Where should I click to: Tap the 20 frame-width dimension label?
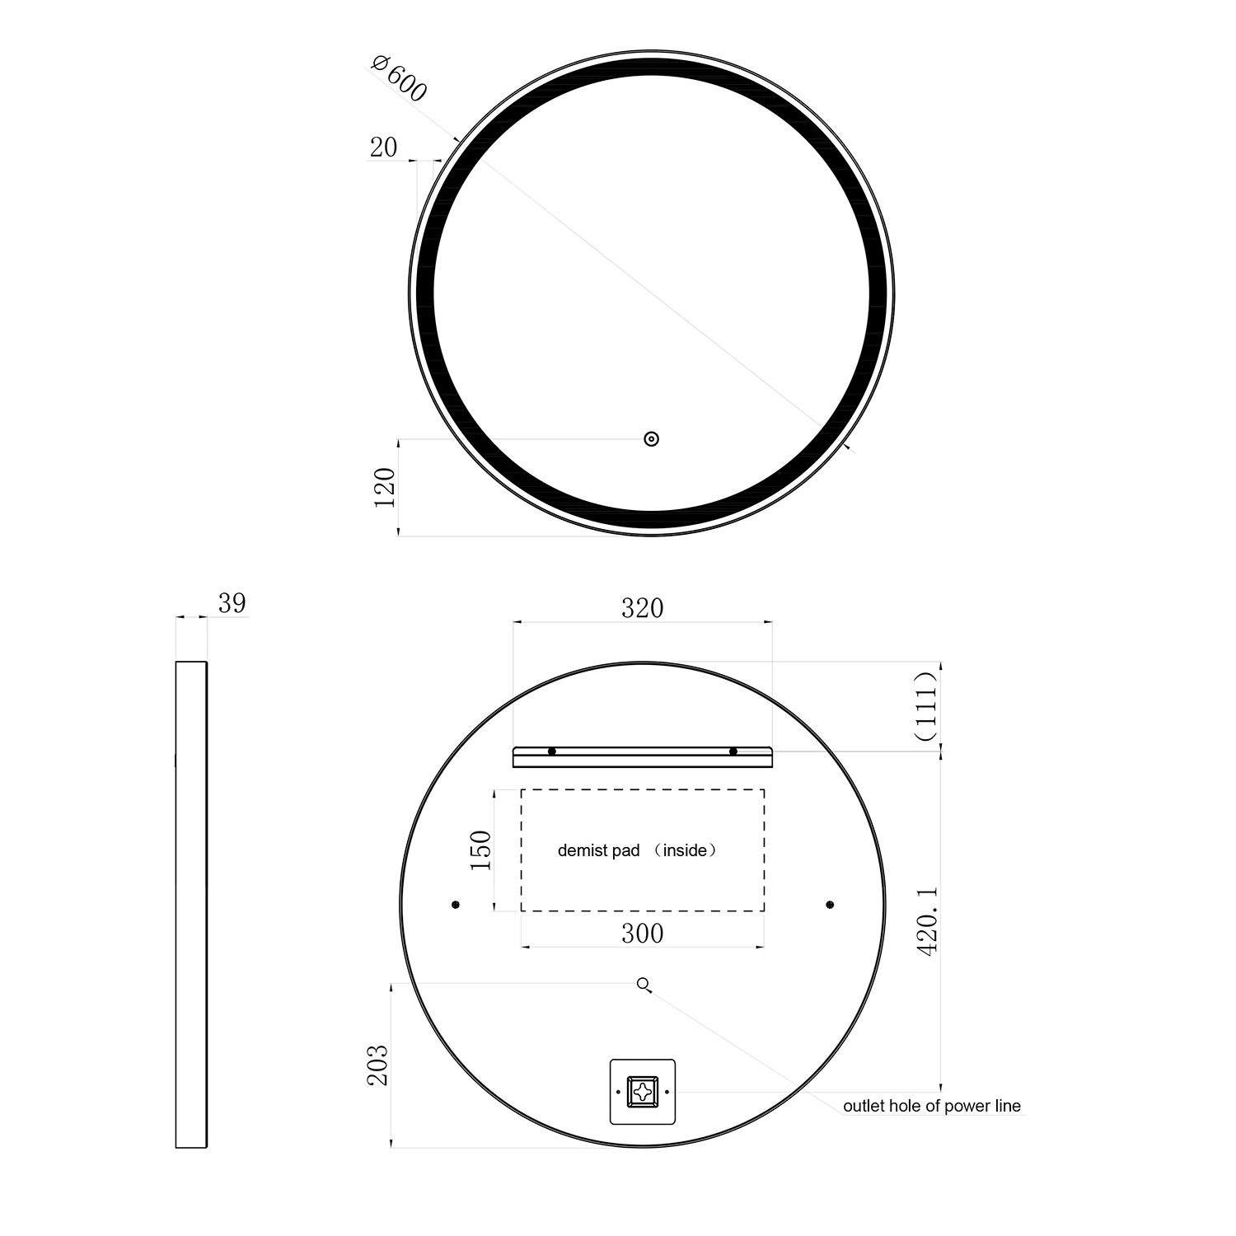383,147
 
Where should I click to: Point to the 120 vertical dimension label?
385,487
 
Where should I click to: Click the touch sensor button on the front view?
652,439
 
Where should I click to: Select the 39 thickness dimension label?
232,603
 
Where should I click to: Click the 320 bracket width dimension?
642,608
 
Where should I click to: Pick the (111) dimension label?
927,706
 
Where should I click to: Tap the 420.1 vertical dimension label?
928,921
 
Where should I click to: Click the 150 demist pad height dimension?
480,850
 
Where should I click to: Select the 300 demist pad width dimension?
642,933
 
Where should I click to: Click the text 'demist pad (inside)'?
637,850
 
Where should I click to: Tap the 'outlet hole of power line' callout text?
931,1106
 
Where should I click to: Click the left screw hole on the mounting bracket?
552,751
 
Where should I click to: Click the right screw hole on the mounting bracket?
733,751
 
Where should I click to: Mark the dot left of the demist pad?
456,905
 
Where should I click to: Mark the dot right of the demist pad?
830,905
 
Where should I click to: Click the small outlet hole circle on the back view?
643,983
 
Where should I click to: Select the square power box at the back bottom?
642,1093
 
